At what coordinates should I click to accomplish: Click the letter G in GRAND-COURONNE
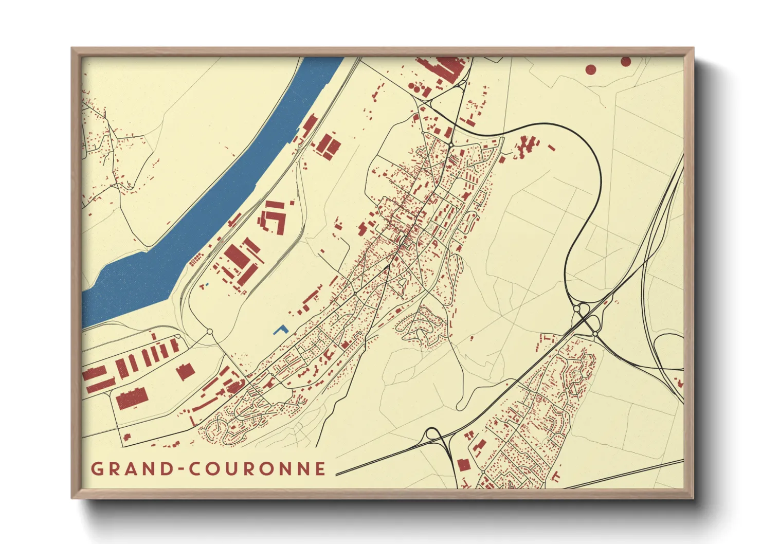pos(96,469)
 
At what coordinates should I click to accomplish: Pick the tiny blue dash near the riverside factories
pos(207,284)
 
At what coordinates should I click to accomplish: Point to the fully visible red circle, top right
pos(591,69)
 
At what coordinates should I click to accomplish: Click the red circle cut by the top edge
pos(626,61)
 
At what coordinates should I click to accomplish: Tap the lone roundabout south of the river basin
pos(209,332)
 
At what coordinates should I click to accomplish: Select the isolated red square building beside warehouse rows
pos(185,371)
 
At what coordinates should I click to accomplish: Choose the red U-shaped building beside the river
pos(273,219)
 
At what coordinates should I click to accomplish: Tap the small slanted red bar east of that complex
pos(551,148)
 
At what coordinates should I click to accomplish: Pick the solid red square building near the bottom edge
pos(463,465)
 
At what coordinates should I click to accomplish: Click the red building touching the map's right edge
pos(680,383)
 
